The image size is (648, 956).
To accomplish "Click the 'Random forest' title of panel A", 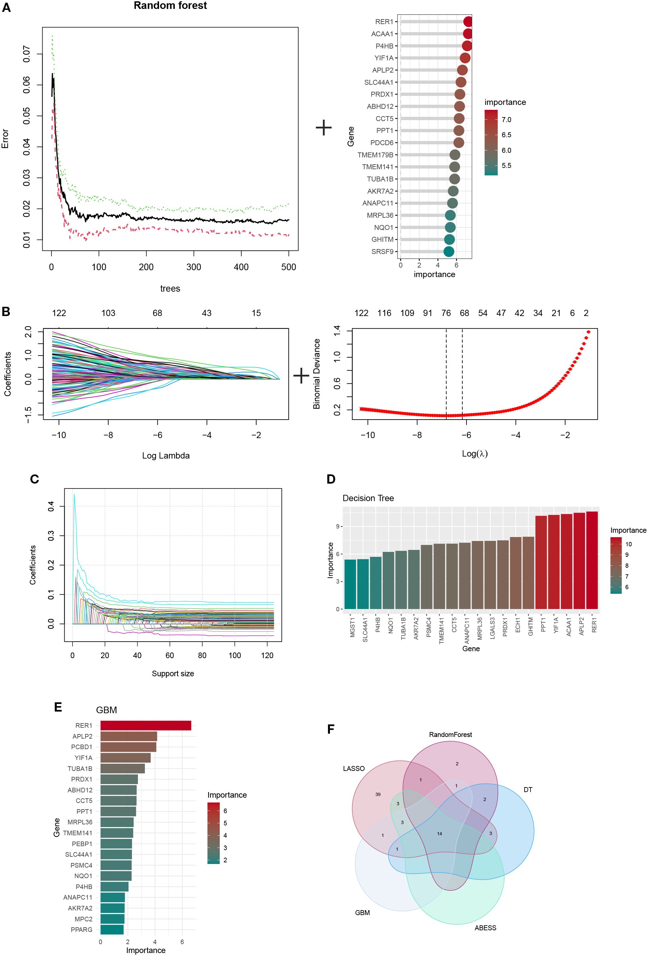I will pos(170,6).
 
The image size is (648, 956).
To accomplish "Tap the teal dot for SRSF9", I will pos(448,251).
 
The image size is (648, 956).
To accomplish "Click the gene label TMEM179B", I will pos(375,155).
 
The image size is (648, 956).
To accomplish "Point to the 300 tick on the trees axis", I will pos(193,267).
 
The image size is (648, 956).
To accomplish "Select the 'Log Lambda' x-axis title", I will pos(166,455).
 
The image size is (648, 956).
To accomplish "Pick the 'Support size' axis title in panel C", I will pos(173,673).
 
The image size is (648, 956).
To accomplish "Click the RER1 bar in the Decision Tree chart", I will pos(592,560).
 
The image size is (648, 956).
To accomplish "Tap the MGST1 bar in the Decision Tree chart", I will pos(350,584).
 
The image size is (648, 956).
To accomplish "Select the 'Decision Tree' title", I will pos(368,498).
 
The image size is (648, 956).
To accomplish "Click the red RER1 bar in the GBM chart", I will pos(146,725).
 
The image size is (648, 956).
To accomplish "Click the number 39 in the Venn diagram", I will pos(378,794).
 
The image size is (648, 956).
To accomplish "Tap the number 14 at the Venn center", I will pos(439,833).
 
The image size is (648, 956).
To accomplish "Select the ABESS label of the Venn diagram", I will pos(485,928).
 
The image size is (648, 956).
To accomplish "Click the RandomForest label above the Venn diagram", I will pos(450,734).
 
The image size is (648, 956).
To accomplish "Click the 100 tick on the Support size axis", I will pos(235,655).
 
